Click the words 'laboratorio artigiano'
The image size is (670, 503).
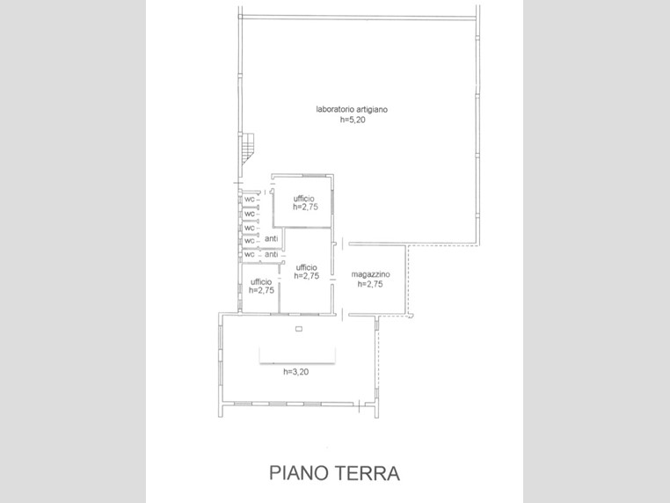[x=352, y=109]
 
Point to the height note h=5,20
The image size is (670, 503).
[x=353, y=120]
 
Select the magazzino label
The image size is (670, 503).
[x=370, y=274]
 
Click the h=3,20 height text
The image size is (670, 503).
[x=295, y=372]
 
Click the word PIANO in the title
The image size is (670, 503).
[x=298, y=473]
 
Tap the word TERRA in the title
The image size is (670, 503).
[x=367, y=473]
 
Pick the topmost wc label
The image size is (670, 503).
[x=250, y=200]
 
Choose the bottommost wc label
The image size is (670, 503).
[x=250, y=255]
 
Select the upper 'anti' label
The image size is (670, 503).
[x=272, y=238]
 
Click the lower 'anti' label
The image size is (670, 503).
[x=272, y=254]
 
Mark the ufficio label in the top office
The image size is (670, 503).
[x=304, y=199]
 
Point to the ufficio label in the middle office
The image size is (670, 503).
[x=306, y=267]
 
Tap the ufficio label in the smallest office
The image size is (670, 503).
[x=261, y=282]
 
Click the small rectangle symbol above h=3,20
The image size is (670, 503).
[x=299, y=329]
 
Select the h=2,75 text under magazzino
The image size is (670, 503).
[x=370, y=284]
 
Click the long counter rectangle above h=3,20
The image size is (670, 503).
[x=297, y=355]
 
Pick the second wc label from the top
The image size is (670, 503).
[x=250, y=214]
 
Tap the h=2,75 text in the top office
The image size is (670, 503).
[x=305, y=208]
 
